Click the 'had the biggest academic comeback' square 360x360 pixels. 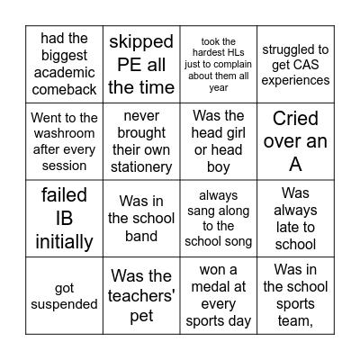pos(64,64)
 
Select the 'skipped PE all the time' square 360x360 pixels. pos(141,64)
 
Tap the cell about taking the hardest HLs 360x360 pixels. pos(219,64)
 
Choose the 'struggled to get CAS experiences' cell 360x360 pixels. pos(295,64)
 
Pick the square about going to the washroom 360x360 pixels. pos(64,141)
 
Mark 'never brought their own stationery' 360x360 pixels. pos(141,141)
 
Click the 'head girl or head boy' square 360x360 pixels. pos(219,141)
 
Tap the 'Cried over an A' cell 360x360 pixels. pos(295,141)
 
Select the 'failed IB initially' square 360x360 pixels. pos(64,219)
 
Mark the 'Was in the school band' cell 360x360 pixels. pos(141,219)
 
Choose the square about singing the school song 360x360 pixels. pos(219,219)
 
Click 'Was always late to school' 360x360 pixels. pos(295,219)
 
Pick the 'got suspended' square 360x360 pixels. pos(64,296)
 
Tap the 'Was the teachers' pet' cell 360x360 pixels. pos(141,296)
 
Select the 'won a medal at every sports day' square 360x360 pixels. pos(219,296)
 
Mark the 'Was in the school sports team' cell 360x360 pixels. pos(295,296)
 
